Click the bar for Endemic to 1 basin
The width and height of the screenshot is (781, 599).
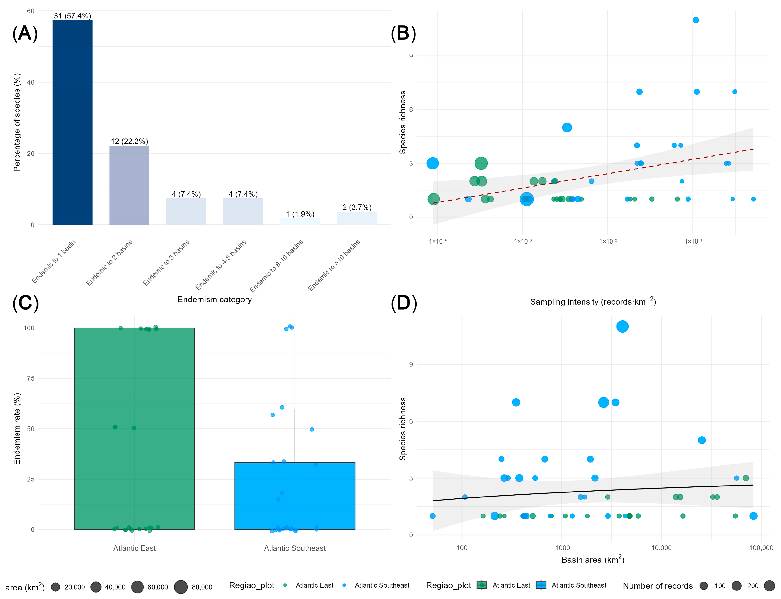tap(73, 122)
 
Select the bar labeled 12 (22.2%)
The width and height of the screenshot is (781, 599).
tap(129, 185)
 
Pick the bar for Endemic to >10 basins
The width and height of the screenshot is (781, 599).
tap(357, 218)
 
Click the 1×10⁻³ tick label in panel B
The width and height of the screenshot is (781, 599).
tap(523, 241)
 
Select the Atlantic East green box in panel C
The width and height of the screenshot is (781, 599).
tap(135, 429)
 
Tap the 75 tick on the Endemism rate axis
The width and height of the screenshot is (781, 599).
tap(31, 378)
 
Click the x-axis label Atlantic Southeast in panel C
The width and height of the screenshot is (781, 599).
tap(295, 548)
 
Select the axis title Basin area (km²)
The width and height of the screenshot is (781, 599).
tap(593, 559)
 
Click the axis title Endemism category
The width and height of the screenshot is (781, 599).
tap(215, 299)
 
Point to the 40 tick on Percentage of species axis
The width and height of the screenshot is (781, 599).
tap(31, 82)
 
